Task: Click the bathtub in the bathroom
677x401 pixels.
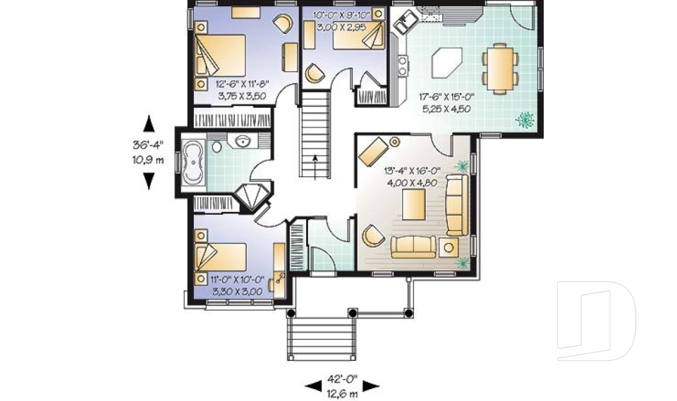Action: click(x=193, y=164)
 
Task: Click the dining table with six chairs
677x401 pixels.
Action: click(x=499, y=68)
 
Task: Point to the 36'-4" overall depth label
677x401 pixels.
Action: click(x=147, y=152)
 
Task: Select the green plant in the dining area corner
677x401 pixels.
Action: click(x=525, y=120)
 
